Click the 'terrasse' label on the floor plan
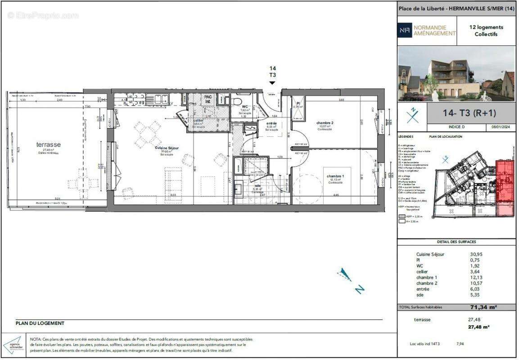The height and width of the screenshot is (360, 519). pos(49,144)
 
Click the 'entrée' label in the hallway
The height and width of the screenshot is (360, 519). pos(271,123)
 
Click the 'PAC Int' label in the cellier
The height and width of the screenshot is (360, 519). pos(208,99)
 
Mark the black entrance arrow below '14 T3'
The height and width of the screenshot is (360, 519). pos(272,83)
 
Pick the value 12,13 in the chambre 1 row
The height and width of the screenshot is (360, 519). pos(476,277)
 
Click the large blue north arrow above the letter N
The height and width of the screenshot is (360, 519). pos(345,274)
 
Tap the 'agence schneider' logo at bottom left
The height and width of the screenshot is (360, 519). pos(14,345)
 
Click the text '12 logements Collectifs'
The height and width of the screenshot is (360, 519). pos(486,31)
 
